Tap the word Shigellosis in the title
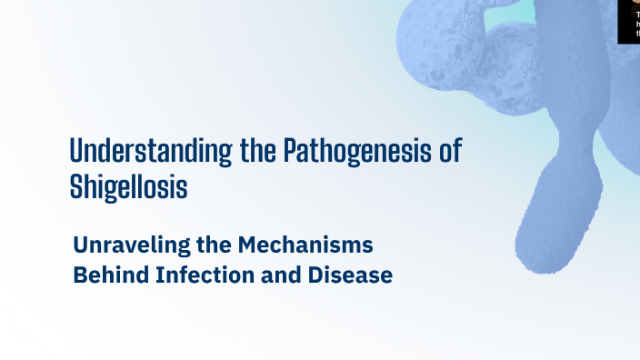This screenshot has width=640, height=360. pos(128,186)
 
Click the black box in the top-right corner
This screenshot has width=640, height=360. pos(628,21)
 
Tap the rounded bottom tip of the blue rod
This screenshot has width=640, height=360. pos(542,258)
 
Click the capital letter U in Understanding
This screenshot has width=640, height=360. pos(77,151)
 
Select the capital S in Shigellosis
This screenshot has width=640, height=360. pos(76,186)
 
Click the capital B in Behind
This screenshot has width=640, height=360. pos(79,275)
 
